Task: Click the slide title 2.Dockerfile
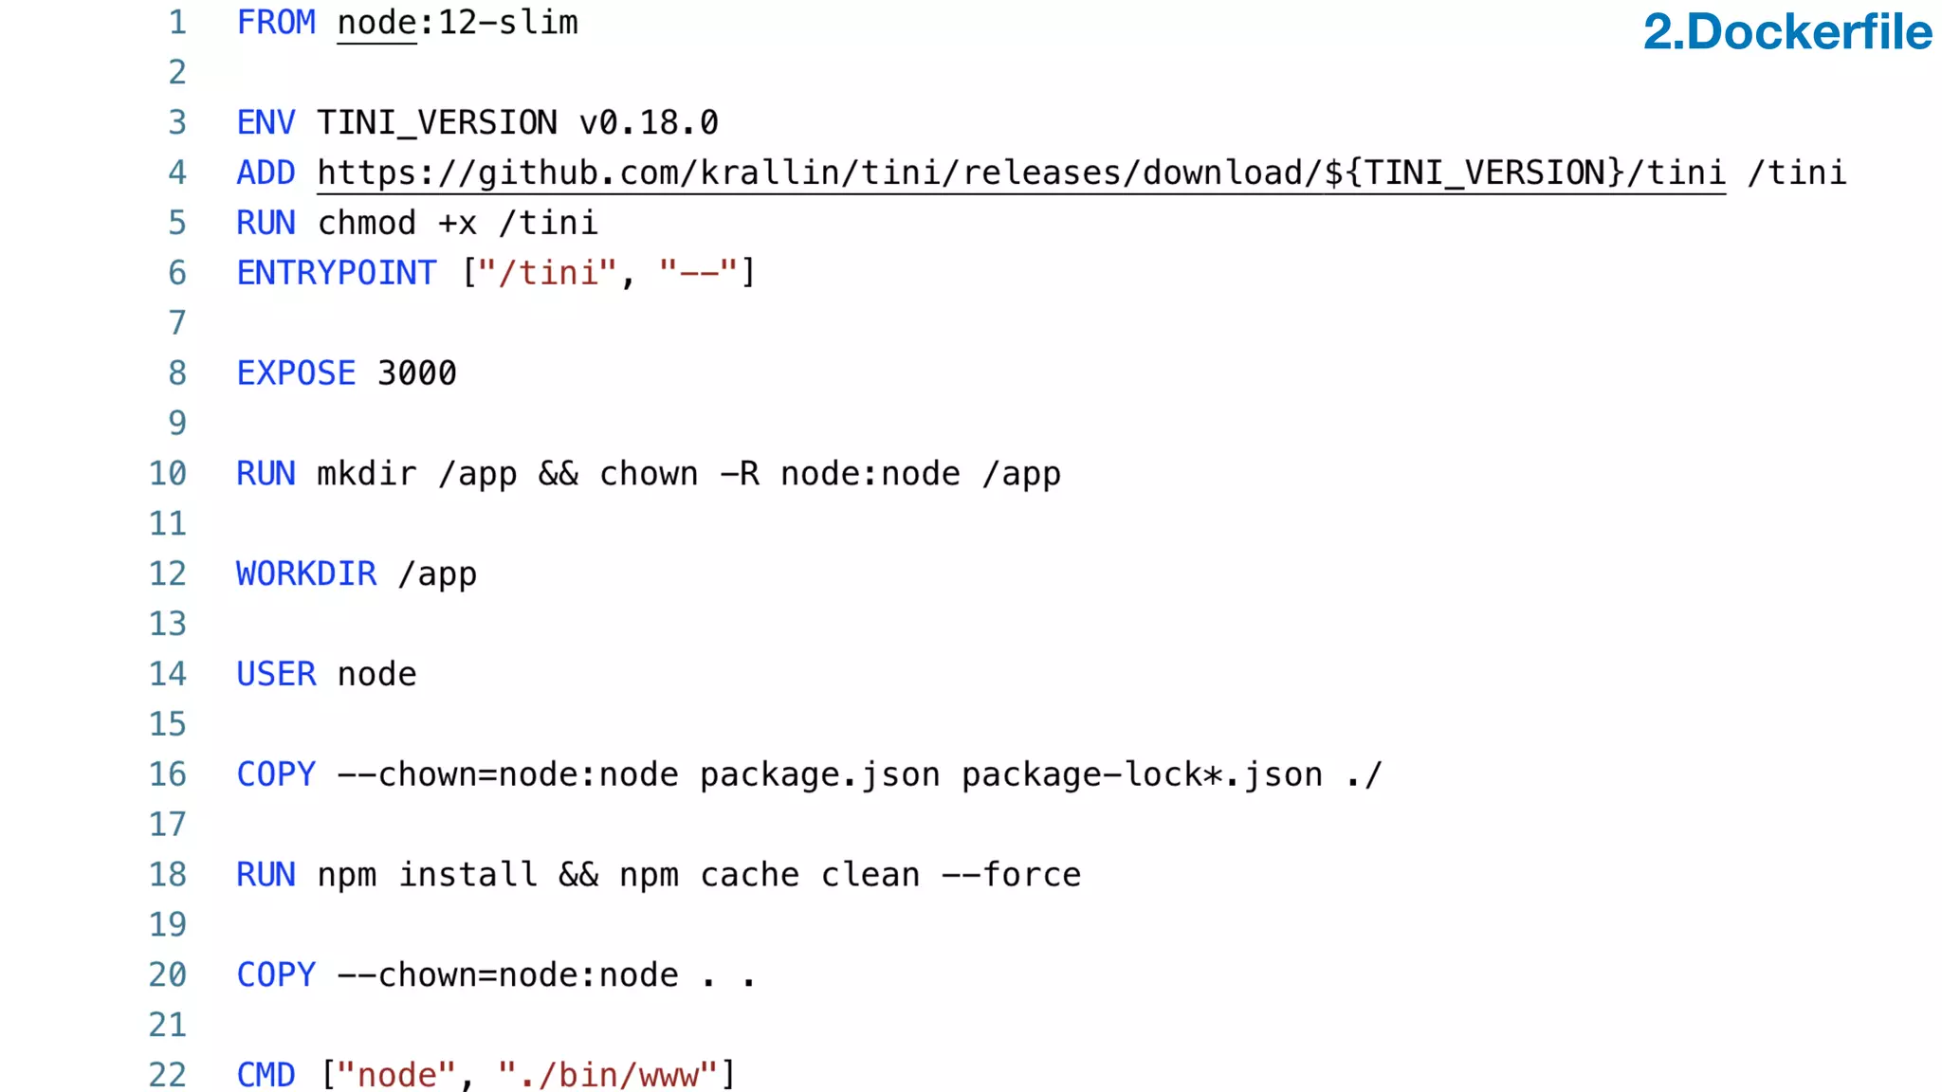[x=1786, y=32]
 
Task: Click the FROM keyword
[x=276, y=23]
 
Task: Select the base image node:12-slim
[x=457, y=23]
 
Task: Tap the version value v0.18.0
[x=649, y=123]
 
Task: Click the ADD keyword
[x=266, y=173]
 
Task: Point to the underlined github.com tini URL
[x=1020, y=173]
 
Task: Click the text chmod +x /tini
[x=457, y=224]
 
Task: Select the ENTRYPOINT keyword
[x=337, y=274]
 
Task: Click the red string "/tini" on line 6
[x=547, y=274]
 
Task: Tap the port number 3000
[x=416, y=373]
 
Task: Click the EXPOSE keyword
[x=296, y=373]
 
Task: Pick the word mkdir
[x=366, y=474]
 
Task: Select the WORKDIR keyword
[x=306, y=574]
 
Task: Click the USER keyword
[x=276, y=675]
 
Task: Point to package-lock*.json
[x=1142, y=775]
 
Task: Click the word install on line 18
[x=467, y=875]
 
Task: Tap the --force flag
[x=1011, y=875]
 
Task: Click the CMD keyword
[x=266, y=1075]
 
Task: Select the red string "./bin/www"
[x=607, y=1075]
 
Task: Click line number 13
[x=168, y=624]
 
